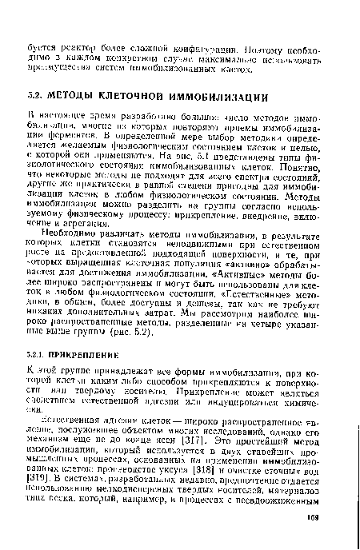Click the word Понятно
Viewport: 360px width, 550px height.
click(x=306, y=167)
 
